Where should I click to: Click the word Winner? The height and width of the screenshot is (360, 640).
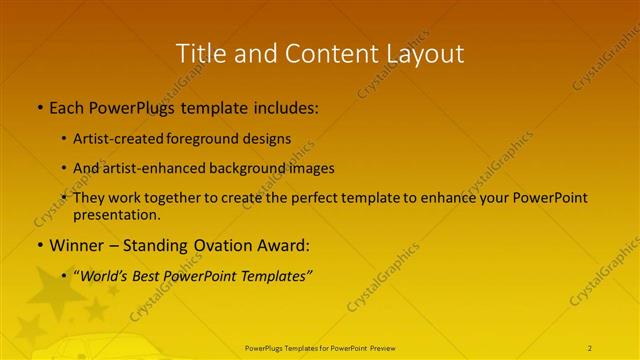click(75, 245)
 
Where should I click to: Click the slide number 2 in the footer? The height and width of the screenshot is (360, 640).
click(590, 348)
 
